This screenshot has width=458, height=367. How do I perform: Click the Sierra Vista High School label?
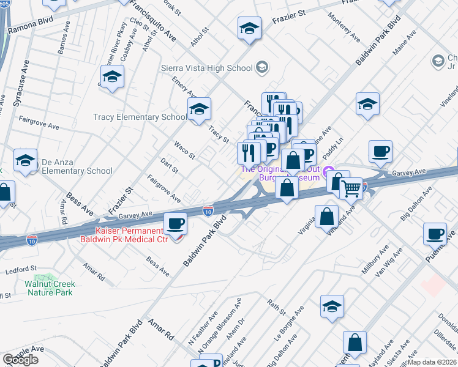pyautogui.click(x=206, y=68)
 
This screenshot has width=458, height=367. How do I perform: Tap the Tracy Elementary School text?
pyautogui.click(x=140, y=117)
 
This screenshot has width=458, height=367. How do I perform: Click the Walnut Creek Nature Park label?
pyautogui.click(x=50, y=288)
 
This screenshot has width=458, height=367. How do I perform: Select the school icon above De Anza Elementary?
pyautogui.click(x=25, y=161)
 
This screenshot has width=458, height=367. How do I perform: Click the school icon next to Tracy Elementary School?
pyautogui.click(x=199, y=110)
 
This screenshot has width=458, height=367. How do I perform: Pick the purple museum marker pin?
pyautogui.click(x=329, y=172)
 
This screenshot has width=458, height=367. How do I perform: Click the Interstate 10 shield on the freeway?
pyautogui.click(x=209, y=210)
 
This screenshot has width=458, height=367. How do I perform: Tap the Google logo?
pyautogui.click(x=20, y=359)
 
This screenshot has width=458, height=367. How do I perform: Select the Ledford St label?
pyautogui.click(x=22, y=269)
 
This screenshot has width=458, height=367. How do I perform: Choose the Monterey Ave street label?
pyautogui.click(x=345, y=28)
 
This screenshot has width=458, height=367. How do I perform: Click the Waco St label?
pyautogui.click(x=184, y=150)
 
